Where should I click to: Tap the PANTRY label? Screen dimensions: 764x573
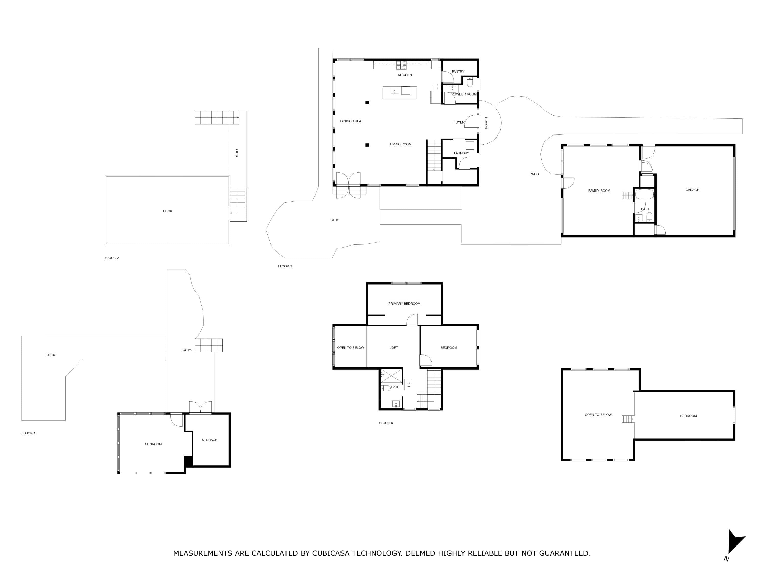coord(458,72)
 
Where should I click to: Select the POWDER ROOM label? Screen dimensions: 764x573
coord(464,94)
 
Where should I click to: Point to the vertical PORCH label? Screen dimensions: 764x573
coord(486,123)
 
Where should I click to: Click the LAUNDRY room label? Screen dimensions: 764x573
coord(461,153)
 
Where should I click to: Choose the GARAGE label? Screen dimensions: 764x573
coord(692,190)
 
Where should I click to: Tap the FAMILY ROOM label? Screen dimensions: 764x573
coord(599,191)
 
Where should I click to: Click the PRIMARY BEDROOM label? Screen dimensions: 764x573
coord(404,304)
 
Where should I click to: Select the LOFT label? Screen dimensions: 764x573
coord(394,348)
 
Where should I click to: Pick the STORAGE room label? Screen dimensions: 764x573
coord(210,440)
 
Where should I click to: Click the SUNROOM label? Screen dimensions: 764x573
coord(153,444)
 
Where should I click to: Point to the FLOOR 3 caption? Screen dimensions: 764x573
coord(285,266)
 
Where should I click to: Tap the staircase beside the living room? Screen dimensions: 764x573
coord(434,155)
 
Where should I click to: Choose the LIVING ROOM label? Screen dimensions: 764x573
coord(401,144)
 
